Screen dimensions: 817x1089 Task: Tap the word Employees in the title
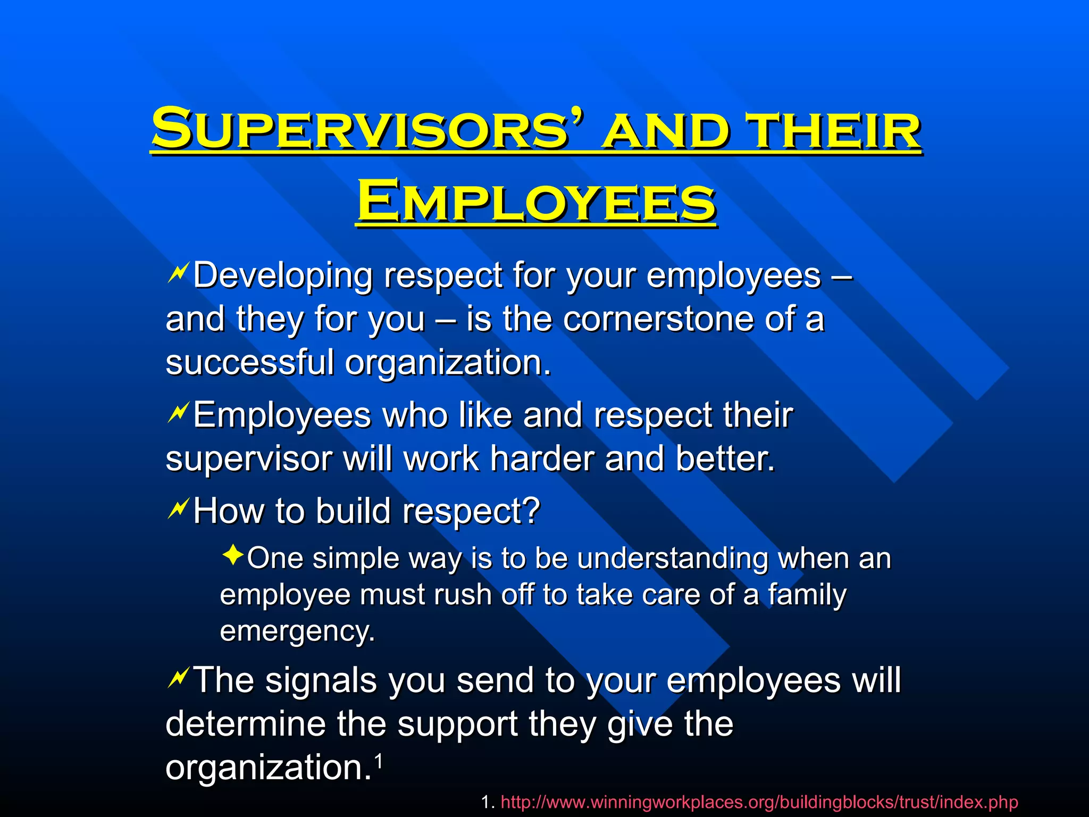click(x=537, y=203)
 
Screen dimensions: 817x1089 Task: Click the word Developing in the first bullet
click(x=282, y=276)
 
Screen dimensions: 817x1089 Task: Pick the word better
click(x=725, y=458)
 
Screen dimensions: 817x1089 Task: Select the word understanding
click(x=672, y=559)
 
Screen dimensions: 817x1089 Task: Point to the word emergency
click(x=297, y=631)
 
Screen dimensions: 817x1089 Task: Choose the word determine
click(x=245, y=724)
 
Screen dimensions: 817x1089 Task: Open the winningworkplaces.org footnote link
click(x=759, y=802)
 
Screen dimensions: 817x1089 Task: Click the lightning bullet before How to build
click(x=177, y=509)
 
